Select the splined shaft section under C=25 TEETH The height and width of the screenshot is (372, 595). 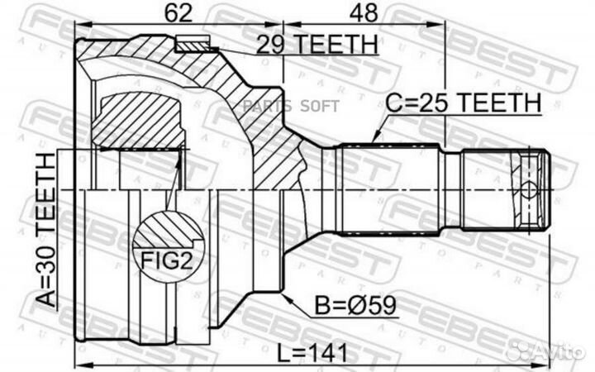(388, 189)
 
